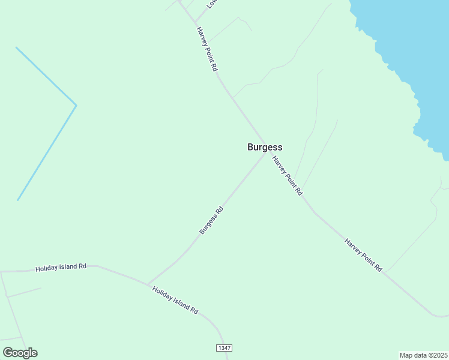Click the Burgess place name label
click(265, 147)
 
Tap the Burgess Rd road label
click(211, 221)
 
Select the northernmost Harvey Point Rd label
click(206, 49)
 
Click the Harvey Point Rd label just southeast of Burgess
click(287, 176)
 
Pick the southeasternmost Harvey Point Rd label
click(363, 255)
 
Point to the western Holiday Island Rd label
click(61, 267)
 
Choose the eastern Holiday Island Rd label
click(175, 300)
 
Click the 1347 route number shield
click(223, 348)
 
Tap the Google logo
click(20, 353)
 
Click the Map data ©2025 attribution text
click(423, 355)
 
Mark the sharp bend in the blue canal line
click(76, 106)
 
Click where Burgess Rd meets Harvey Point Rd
click(264, 155)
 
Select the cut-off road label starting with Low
click(211, 3)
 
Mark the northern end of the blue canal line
click(16, 47)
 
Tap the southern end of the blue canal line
click(18, 200)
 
